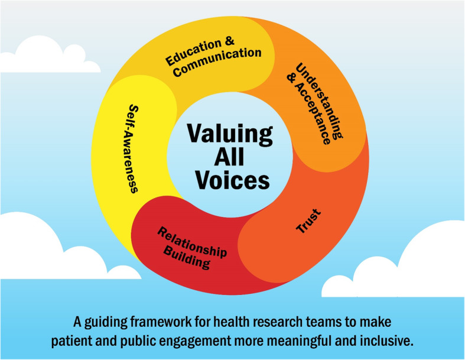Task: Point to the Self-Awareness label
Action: (x=132, y=149)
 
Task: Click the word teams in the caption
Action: (x=310, y=323)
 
